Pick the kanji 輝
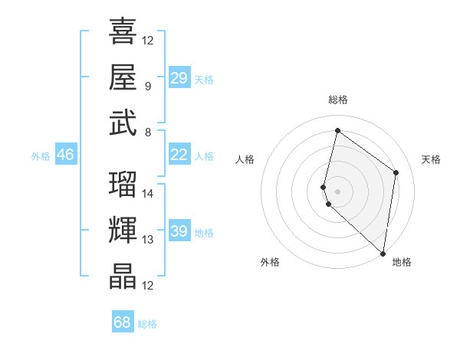pos(123,230)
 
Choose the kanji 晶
pos(123,277)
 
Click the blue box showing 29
pos(179,78)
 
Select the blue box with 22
pos(179,155)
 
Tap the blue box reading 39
pos(179,231)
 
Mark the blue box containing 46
pos(65,155)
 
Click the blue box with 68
pos(123,322)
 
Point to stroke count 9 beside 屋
pos(147,87)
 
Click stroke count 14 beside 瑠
pos(148,193)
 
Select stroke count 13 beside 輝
pos(148,240)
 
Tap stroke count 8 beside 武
pos(147,132)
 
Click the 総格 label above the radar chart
pos(338,100)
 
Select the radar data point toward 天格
pos(396,172)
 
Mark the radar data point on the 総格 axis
pos(337,131)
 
